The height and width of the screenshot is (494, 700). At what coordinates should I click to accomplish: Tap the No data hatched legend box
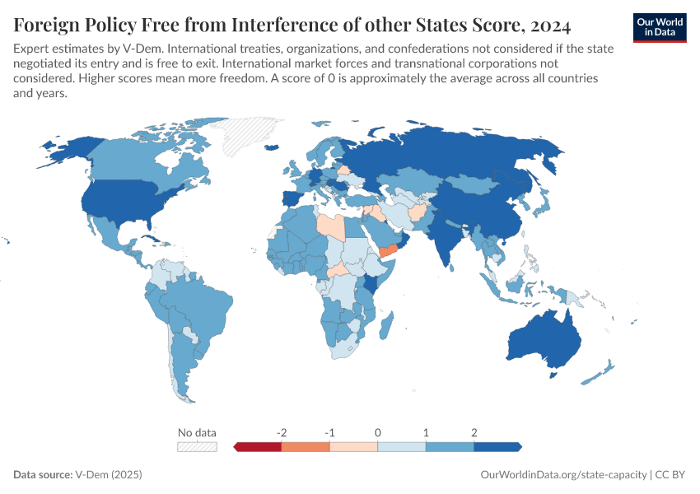(x=197, y=446)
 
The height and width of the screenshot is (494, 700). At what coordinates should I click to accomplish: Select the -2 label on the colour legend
(x=282, y=432)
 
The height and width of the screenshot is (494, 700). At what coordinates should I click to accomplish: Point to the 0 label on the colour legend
(x=377, y=432)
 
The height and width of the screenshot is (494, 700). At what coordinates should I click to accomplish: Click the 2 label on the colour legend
(x=474, y=432)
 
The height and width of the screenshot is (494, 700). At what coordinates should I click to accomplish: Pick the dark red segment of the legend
(x=258, y=446)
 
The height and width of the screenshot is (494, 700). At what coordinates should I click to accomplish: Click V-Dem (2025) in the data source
(x=108, y=475)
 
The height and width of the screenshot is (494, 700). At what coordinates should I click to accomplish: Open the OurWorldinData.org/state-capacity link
(x=563, y=475)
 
